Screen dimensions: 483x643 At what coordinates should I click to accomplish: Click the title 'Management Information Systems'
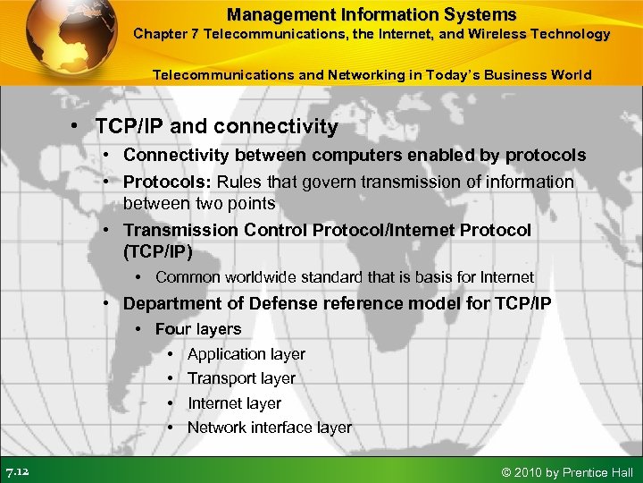coord(372,14)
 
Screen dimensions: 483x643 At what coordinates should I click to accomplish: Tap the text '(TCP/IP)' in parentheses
coord(157,251)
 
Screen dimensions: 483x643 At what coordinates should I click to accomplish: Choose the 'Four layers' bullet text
coord(198,329)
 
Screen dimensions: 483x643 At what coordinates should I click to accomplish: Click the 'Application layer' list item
coord(246,354)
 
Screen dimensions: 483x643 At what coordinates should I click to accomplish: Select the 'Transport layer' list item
coord(241,378)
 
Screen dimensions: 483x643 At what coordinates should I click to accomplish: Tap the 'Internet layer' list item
coord(234,403)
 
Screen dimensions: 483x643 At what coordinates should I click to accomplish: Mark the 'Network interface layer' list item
coord(269,428)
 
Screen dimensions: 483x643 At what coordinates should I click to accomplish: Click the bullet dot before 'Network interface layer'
coord(171,428)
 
